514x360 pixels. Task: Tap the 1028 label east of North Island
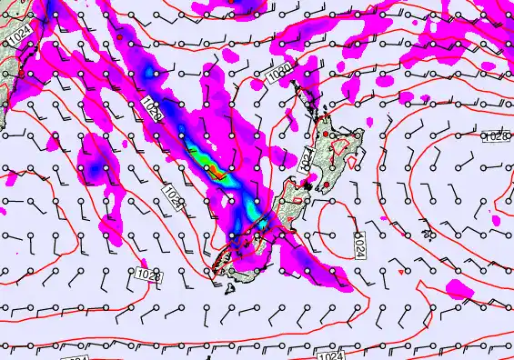point(495,136)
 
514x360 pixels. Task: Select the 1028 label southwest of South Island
point(148,273)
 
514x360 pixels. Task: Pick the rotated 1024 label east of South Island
point(359,242)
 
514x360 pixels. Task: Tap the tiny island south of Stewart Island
point(229,289)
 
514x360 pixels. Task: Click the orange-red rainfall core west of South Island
point(210,168)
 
